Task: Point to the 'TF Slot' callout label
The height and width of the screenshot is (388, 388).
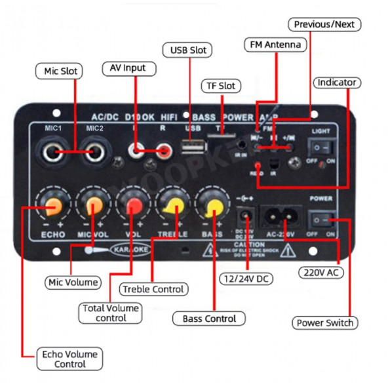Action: [x=220, y=86]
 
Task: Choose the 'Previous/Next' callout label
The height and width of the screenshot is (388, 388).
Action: [x=324, y=25]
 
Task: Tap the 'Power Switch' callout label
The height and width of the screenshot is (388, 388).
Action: [x=325, y=322]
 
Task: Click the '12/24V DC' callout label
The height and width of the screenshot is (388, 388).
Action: [x=246, y=279]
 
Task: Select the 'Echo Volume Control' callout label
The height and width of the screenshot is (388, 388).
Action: [x=70, y=359]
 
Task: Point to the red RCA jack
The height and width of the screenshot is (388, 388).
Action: [x=164, y=152]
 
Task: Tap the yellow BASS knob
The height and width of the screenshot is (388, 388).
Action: [x=213, y=208]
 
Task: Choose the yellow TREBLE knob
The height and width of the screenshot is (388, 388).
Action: [x=174, y=208]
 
